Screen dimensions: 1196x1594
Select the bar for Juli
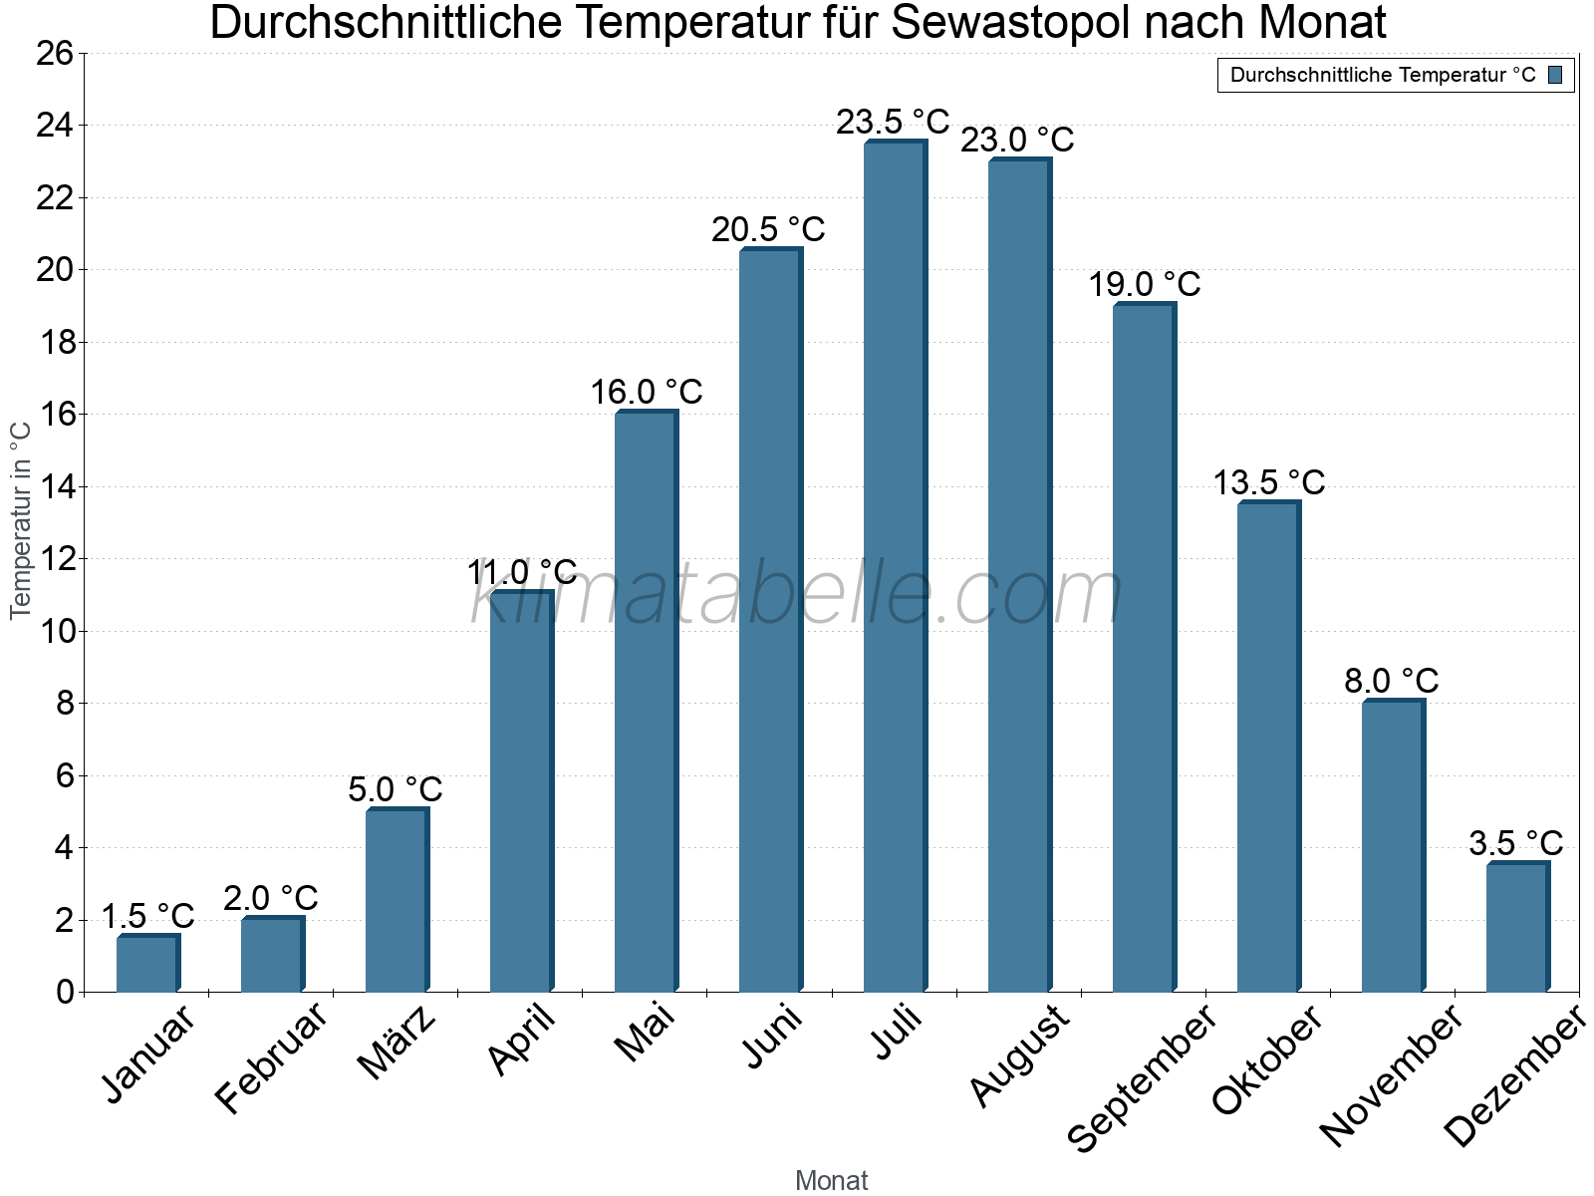[895, 568]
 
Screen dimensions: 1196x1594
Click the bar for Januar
[147, 964]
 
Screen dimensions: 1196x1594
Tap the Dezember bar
[1517, 928]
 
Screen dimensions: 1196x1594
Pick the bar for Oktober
[1268, 747]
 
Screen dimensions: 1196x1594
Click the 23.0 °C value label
[1017, 140]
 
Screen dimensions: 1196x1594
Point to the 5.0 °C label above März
[395, 789]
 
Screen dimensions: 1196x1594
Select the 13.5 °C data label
[1268, 483]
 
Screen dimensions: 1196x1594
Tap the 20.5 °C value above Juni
[768, 230]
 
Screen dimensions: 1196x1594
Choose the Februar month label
[271, 1057]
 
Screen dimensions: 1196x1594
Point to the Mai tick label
[645, 1034]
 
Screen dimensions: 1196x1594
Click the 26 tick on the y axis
[55, 53]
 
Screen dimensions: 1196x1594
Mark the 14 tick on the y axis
[55, 487]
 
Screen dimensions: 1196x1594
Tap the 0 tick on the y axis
[66, 992]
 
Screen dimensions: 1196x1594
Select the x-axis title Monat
[831, 1180]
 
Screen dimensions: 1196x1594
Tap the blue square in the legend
[1555, 75]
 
